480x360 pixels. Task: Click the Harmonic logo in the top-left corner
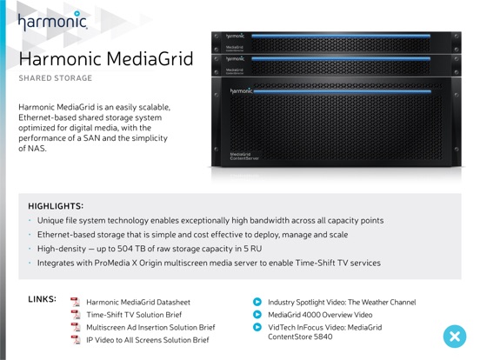(53, 21)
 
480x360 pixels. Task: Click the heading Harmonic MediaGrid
(106, 59)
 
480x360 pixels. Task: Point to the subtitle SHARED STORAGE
(56, 78)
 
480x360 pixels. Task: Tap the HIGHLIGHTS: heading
(56, 206)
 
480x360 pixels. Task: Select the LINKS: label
(43, 299)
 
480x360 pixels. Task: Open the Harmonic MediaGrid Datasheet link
(138, 303)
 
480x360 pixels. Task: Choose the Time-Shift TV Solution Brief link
(134, 315)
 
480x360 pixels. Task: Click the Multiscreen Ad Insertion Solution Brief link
(150, 327)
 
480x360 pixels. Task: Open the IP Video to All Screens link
(148, 340)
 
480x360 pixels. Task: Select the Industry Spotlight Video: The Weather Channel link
(342, 303)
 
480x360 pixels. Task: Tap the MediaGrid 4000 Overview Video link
(320, 315)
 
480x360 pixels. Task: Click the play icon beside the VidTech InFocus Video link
(257, 327)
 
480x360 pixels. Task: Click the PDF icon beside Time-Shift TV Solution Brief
(76, 315)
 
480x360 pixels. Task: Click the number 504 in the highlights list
(125, 249)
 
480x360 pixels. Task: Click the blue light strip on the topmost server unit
(341, 37)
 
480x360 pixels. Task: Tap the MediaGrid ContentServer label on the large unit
(244, 157)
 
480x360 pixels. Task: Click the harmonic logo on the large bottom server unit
(241, 91)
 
